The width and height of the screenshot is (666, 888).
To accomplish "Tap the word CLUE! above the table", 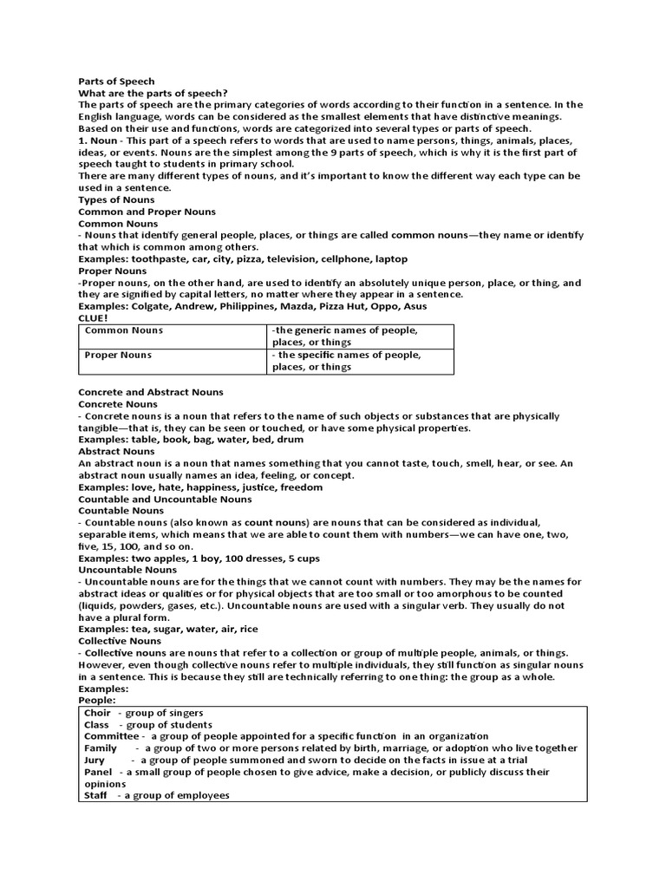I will click(93, 318).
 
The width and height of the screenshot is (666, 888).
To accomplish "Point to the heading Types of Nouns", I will click(116, 199).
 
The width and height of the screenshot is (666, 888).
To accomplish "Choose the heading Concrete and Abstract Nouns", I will click(151, 392).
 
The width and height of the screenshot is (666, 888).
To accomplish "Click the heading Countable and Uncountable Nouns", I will click(165, 499).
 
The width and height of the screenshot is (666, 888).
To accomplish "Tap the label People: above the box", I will click(96, 700).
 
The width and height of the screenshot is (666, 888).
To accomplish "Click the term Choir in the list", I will click(97, 713).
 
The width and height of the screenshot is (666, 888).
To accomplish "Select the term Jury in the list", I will click(95, 760).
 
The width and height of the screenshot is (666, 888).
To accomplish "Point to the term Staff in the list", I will click(95, 795).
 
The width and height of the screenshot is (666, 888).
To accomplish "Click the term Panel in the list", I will click(98, 772).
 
